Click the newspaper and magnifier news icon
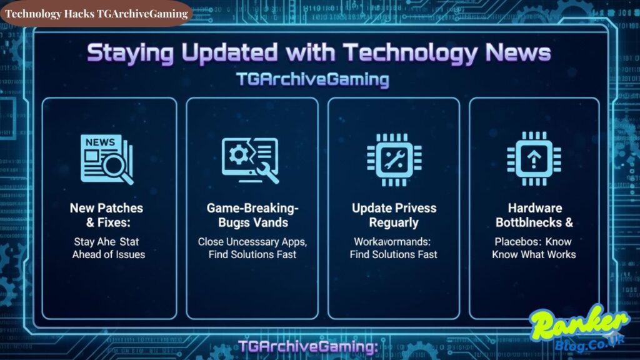click(107, 159)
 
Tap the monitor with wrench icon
click(251, 159)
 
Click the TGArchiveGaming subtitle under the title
click(312, 80)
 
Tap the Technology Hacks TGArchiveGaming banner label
click(97, 14)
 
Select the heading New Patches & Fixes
click(106, 214)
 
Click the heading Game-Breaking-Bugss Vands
click(251, 214)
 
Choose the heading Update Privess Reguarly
click(394, 214)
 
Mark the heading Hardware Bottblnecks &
click(534, 214)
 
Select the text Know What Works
click(534, 254)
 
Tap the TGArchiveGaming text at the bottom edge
click(309, 347)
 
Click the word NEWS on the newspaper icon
click(100, 142)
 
